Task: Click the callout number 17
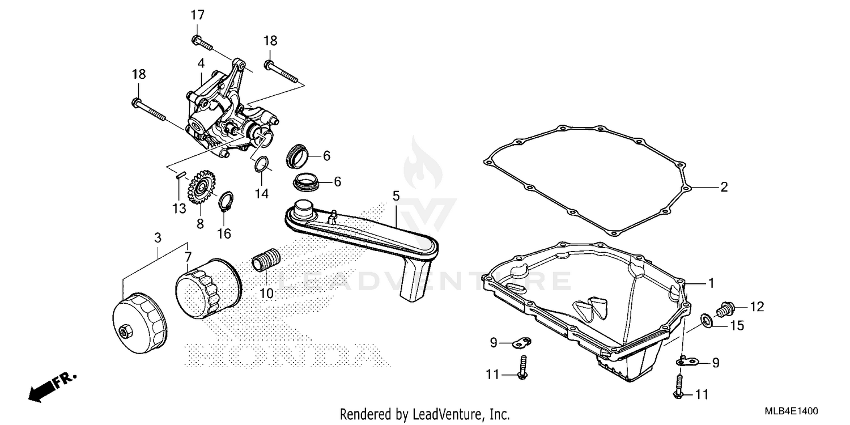tap(197, 15)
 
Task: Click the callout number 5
tap(396, 196)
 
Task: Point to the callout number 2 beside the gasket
tap(724, 187)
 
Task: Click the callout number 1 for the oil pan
tap(711, 282)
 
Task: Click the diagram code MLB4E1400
tap(795, 411)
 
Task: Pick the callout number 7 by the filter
tap(188, 256)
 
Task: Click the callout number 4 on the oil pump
tap(201, 63)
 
